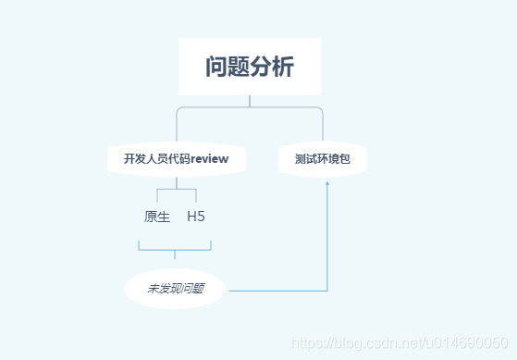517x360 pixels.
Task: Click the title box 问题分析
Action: (250, 67)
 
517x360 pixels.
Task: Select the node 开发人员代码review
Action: (176, 158)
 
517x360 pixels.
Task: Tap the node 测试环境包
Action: (323, 158)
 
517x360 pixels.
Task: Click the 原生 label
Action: (157, 217)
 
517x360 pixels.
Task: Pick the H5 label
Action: (196, 217)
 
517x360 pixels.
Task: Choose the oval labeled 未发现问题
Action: (175, 290)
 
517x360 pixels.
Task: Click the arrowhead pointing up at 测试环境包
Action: (327, 183)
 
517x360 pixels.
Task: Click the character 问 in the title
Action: (216, 68)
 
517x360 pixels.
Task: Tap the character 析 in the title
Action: (284, 68)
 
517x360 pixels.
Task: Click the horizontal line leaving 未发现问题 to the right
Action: (277, 291)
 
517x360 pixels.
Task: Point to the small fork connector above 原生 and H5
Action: (176, 192)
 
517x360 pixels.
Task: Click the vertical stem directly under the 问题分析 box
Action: (250, 101)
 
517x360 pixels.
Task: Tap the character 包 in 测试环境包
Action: (345, 158)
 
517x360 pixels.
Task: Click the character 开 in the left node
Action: (129, 158)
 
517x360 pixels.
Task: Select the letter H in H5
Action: (191, 217)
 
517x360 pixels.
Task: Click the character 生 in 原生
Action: (164, 217)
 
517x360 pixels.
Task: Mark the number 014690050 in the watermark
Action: (476, 341)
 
